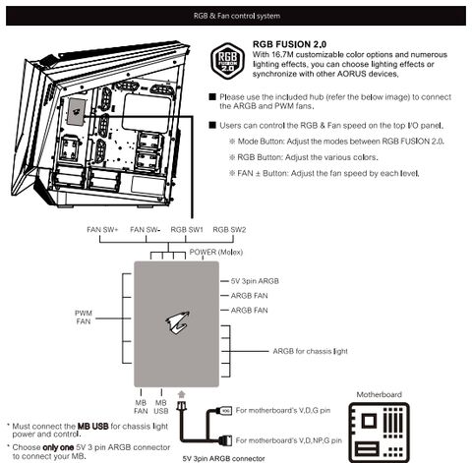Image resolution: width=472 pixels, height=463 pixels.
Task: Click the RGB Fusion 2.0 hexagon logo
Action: pyautogui.click(x=227, y=60)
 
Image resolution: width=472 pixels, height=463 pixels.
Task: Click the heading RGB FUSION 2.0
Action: pyautogui.click(x=289, y=44)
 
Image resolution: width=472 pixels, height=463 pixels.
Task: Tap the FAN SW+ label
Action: pyautogui.click(x=102, y=230)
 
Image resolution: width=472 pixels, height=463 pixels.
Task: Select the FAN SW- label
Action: pyautogui.click(x=145, y=230)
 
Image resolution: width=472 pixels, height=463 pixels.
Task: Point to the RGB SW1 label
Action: pyautogui.click(x=187, y=230)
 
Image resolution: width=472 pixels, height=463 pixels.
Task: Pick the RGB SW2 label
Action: pyautogui.click(x=229, y=230)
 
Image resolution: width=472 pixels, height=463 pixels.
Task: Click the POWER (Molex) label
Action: pyautogui.click(x=216, y=253)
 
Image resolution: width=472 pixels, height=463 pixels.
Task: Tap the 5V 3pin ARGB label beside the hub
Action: pyautogui.click(x=255, y=281)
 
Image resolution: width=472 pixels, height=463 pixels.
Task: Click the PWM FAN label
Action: pyautogui.click(x=84, y=318)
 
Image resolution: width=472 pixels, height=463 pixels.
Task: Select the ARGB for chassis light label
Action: pyautogui.click(x=310, y=351)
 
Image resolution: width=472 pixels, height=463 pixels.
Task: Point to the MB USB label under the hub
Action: pyautogui.click(x=161, y=407)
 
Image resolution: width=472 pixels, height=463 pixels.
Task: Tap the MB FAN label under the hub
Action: pyautogui.click(x=141, y=407)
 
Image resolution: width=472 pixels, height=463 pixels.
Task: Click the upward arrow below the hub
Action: pyautogui.click(x=182, y=394)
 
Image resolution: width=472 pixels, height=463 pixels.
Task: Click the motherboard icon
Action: pyautogui.click(x=379, y=432)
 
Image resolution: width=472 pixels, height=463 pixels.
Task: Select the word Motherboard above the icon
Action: pyautogui.click(x=380, y=394)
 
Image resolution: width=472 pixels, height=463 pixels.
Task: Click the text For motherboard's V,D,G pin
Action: pyautogui.click(x=283, y=410)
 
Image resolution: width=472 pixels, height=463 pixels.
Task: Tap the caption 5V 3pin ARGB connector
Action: pyautogui.click(x=223, y=458)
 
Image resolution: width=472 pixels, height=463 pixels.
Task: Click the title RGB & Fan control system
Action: pyautogui.click(x=237, y=16)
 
